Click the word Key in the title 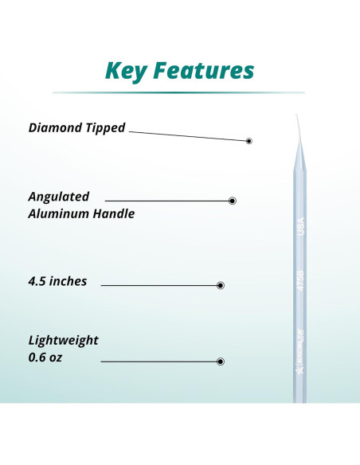click(130, 71)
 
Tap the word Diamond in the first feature click(56, 127)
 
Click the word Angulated click(59, 197)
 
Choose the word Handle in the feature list click(115, 213)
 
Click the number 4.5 click(38, 281)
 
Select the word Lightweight click(63, 340)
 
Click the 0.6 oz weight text click(45, 358)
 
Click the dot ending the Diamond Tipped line click(249, 141)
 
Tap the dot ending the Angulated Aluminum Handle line click(232, 201)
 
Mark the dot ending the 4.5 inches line click(221, 285)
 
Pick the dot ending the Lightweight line click(221, 361)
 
